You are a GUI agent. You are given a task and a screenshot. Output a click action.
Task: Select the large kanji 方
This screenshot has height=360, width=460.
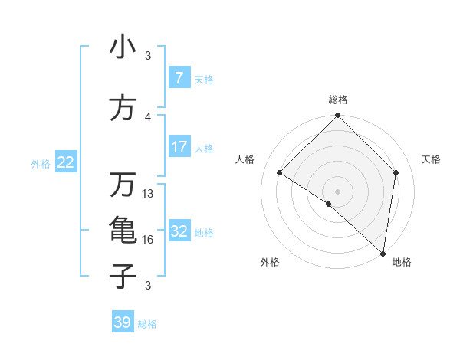[123, 109]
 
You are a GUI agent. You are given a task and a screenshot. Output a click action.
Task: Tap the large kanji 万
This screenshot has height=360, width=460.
[123, 185]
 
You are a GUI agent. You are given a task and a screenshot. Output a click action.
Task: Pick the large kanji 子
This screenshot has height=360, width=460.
[123, 277]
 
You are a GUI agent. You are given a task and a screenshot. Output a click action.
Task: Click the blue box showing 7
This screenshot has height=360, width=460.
[179, 78]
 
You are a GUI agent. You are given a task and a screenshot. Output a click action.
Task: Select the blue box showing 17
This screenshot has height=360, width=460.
[179, 147]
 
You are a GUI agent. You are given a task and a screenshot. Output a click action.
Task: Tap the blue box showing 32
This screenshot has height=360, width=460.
[179, 231]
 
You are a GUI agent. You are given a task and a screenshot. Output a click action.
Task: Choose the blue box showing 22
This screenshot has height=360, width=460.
[66, 162]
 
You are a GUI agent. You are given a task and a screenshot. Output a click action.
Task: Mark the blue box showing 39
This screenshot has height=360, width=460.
[122, 322]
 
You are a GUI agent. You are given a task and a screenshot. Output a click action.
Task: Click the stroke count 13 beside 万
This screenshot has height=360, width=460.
[148, 194]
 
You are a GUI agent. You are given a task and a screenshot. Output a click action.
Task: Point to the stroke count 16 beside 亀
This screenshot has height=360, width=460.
[148, 240]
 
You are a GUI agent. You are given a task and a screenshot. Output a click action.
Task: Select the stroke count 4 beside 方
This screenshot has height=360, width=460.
[148, 116]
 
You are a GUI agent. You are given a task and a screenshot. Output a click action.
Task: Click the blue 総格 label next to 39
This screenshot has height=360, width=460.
[147, 324]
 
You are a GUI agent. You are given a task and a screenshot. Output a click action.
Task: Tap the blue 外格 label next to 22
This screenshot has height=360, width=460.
[41, 163]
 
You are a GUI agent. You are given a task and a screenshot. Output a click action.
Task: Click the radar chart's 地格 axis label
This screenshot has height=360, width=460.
[402, 262]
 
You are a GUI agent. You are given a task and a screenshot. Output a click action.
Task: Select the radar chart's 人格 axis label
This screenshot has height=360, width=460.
[245, 159]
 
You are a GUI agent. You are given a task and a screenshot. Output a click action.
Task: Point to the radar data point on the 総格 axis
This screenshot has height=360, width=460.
[337, 116]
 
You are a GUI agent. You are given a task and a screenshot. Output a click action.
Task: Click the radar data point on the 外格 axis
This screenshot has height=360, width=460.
[329, 204]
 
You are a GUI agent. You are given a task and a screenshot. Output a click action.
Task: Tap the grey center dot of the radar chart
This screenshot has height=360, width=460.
[337, 191]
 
